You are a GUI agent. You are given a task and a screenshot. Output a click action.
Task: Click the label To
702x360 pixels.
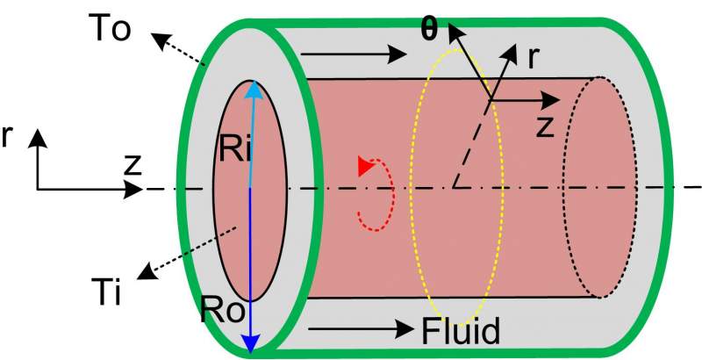(x=110, y=28)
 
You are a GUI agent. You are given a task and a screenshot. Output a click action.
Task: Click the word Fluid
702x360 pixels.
(x=461, y=331)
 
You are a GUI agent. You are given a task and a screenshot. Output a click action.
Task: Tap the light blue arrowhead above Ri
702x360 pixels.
(x=254, y=89)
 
